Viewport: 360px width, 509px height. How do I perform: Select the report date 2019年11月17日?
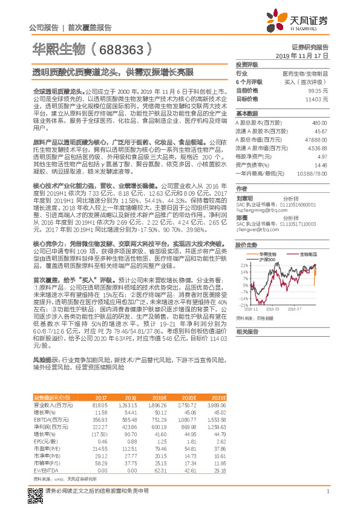[306, 55]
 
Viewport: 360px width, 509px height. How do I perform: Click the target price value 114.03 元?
[318, 99]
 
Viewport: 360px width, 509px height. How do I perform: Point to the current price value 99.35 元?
[318, 89]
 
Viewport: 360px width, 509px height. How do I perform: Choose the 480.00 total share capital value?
[320, 123]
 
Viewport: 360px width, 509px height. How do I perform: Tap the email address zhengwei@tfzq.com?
[254, 213]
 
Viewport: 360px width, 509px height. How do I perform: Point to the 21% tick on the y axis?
[244, 265]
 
